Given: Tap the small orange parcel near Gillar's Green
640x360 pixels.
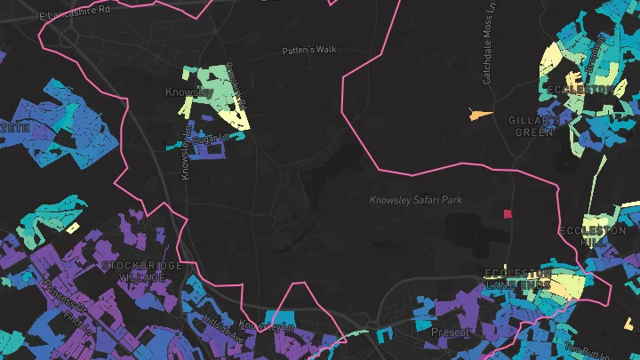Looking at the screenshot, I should pos(480,115).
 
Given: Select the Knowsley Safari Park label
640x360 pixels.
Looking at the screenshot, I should pos(416,200).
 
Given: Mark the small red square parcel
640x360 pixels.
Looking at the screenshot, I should pos(508,214).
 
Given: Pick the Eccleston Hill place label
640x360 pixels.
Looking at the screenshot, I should pos(593,236).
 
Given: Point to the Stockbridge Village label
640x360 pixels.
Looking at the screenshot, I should pos(141,271).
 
